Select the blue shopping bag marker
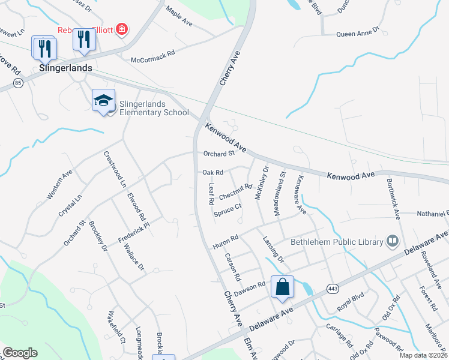[x=282, y=287]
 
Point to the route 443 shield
[x=333, y=289]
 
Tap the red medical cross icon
[x=122, y=29]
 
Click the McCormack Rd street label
[x=152, y=60]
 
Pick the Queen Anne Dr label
[x=358, y=34]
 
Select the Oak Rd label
[x=212, y=172]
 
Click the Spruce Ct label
[x=228, y=210]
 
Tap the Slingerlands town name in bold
[x=65, y=68]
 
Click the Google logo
[x=20, y=353]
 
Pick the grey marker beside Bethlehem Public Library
[x=393, y=241]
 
